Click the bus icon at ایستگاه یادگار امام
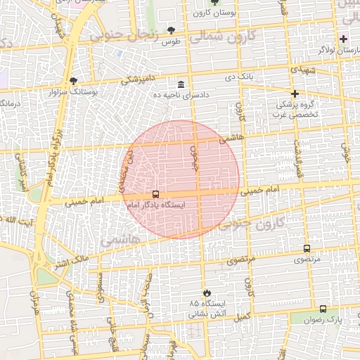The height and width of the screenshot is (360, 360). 155,195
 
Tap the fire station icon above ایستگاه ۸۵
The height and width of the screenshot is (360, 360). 205,292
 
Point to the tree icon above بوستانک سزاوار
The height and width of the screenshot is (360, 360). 74,82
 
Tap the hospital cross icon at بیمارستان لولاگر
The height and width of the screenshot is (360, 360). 343,39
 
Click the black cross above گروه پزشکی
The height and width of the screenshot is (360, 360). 295,94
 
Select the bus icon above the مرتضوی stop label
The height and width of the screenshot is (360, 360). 307,249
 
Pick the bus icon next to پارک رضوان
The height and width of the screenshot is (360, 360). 323,309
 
